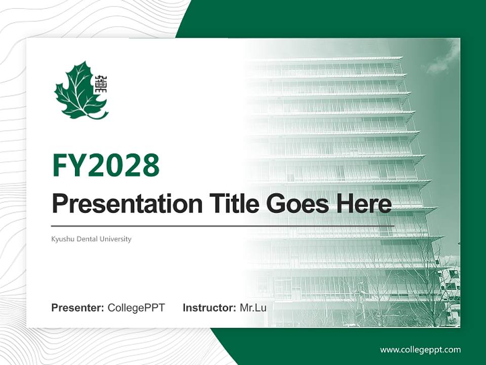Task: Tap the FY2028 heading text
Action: (106, 165)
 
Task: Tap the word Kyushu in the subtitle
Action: (61, 239)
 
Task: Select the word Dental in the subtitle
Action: (86, 239)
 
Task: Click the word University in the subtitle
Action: (116, 239)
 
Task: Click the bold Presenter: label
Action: (78, 308)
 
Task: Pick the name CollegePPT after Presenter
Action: (136, 308)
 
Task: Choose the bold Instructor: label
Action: (209, 308)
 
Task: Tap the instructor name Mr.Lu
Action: (253, 308)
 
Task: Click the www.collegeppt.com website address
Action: (420, 350)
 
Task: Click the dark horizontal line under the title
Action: (223, 226)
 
